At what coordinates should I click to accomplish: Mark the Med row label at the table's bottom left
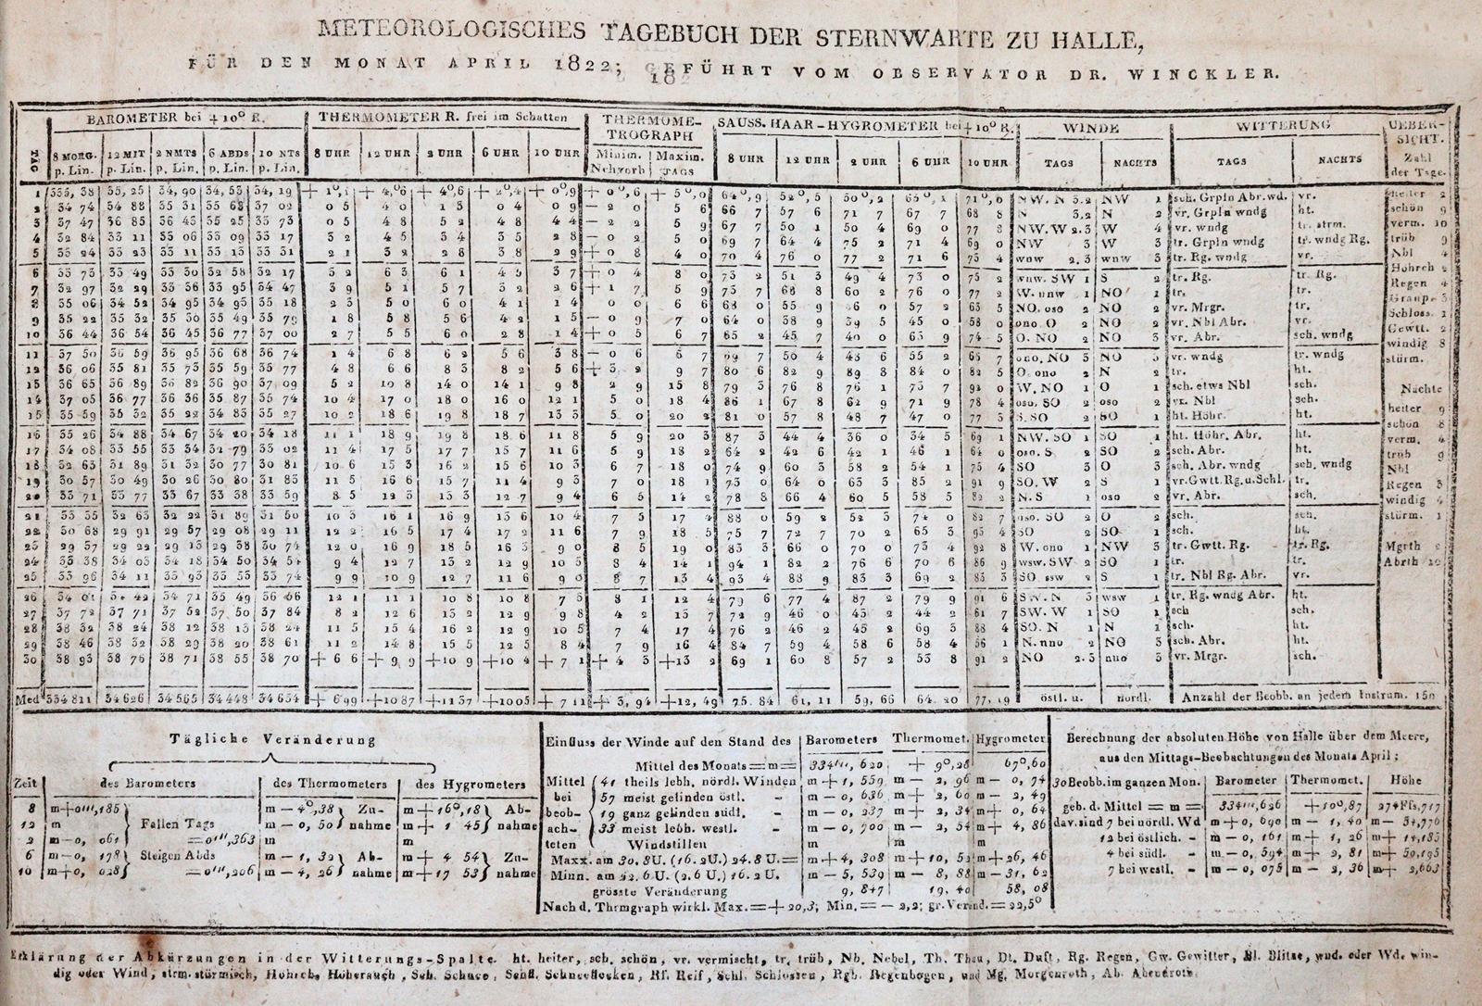[x=29, y=697]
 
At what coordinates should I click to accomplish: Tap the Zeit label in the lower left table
[x=27, y=784]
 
